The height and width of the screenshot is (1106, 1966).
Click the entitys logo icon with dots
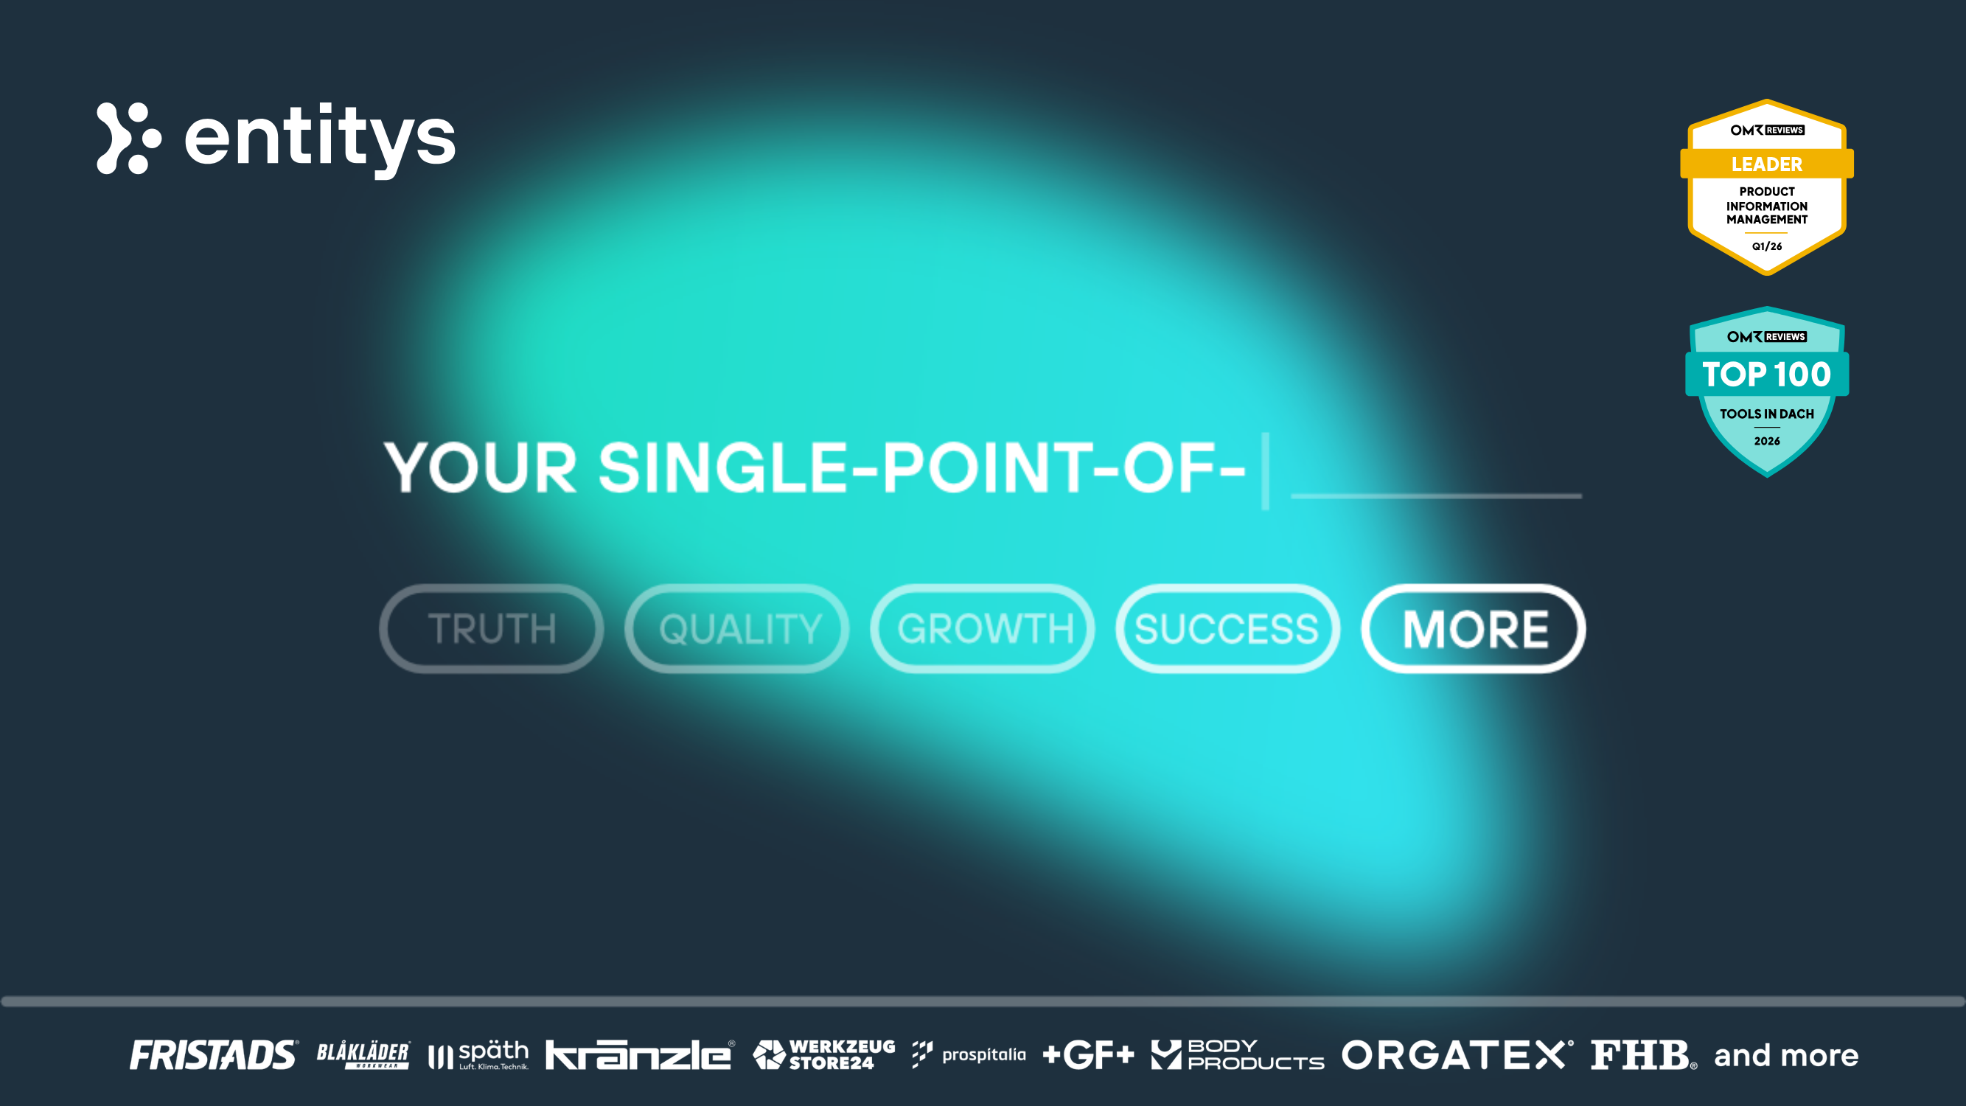(128, 138)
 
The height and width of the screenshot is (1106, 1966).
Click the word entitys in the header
(320, 138)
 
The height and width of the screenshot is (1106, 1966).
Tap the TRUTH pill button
(492, 629)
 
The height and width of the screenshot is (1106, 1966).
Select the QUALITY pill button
(737, 629)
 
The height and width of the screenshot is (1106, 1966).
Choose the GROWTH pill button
(983, 629)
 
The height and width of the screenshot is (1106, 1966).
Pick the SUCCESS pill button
(1227, 629)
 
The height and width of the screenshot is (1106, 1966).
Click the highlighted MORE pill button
(1473, 629)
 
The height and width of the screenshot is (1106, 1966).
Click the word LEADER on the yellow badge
(1767, 164)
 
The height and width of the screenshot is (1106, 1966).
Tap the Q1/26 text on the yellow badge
(1767, 246)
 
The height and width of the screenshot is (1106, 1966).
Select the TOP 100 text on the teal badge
(1767, 374)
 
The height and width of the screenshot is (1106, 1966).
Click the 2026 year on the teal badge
(1767, 441)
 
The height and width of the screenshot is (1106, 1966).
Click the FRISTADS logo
(214, 1055)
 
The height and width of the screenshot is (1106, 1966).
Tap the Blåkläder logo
(363, 1055)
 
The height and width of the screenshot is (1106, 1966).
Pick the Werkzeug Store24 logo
(824, 1055)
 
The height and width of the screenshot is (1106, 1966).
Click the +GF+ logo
(1088, 1055)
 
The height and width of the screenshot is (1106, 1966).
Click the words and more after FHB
(1786, 1055)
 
